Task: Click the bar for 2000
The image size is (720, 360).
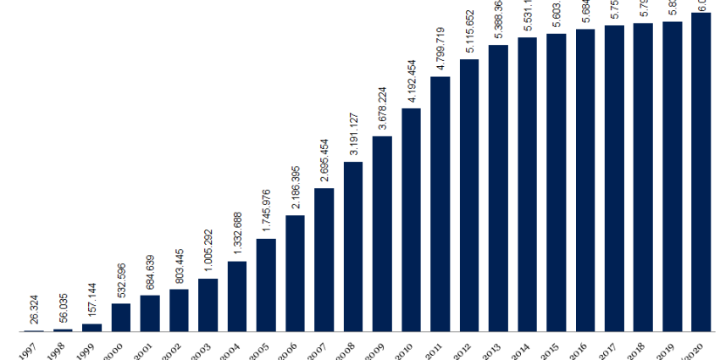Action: pyautogui.click(x=121, y=317)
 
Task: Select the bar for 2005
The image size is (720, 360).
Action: pyautogui.click(x=266, y=285)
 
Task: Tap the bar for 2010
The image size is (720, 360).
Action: pyautogui.click(x=411, y=219)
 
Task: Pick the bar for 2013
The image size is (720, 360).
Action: pyautogui.click(x=498, y=187)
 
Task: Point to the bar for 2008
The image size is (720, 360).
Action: pyautogui.click(x=353, y=246)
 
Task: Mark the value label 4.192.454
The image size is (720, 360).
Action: pyautogui.click(x=412, y=81)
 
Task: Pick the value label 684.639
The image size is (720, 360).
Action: pyautogui.click(x=151, y=272)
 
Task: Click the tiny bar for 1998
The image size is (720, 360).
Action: pyautogui.click(x=64, y=330)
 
